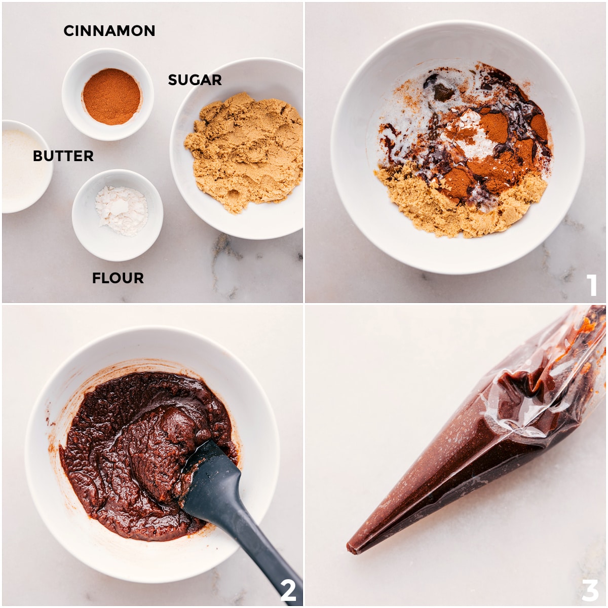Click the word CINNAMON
109,30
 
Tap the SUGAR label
195,80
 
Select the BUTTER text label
63,156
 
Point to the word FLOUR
118,278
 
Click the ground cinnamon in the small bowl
111,96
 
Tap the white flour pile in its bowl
122,210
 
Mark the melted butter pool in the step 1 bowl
410,104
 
